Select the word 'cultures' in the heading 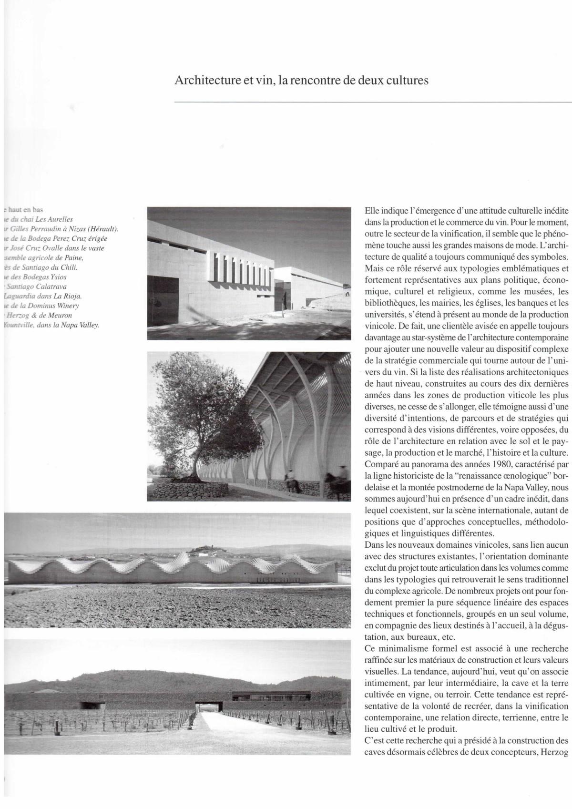point(406,80)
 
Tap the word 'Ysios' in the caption point(58,277)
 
